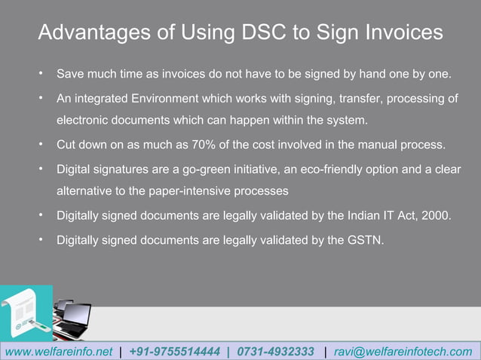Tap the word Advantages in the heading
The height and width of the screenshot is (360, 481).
pos(95,33)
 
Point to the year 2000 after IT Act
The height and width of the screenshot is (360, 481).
pos(437,215)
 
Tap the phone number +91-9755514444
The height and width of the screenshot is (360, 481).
pos(175,352)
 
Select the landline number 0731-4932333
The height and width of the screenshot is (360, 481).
pos(275,352)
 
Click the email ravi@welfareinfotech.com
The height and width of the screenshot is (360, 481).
pos(403,352)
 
